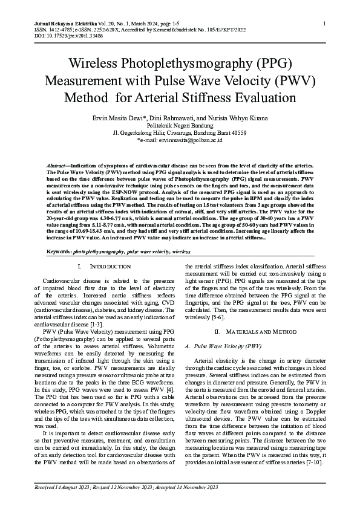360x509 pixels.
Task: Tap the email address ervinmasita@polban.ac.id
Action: coord(194,140)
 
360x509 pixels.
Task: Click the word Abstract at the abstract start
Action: coord(58,165)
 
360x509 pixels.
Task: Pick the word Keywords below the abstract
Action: coord(59,249)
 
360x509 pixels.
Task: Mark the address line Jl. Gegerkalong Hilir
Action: coord(180,132)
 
